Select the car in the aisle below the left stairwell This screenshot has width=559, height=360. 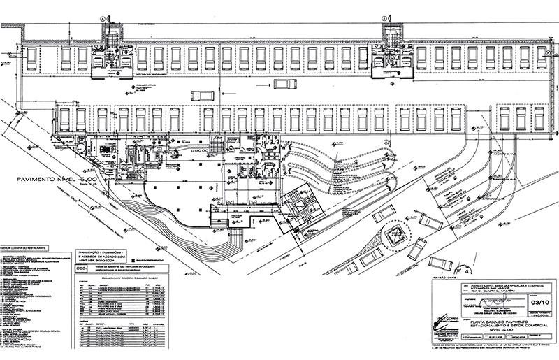pos(201,96)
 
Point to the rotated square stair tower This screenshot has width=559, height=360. pos(298,209)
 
